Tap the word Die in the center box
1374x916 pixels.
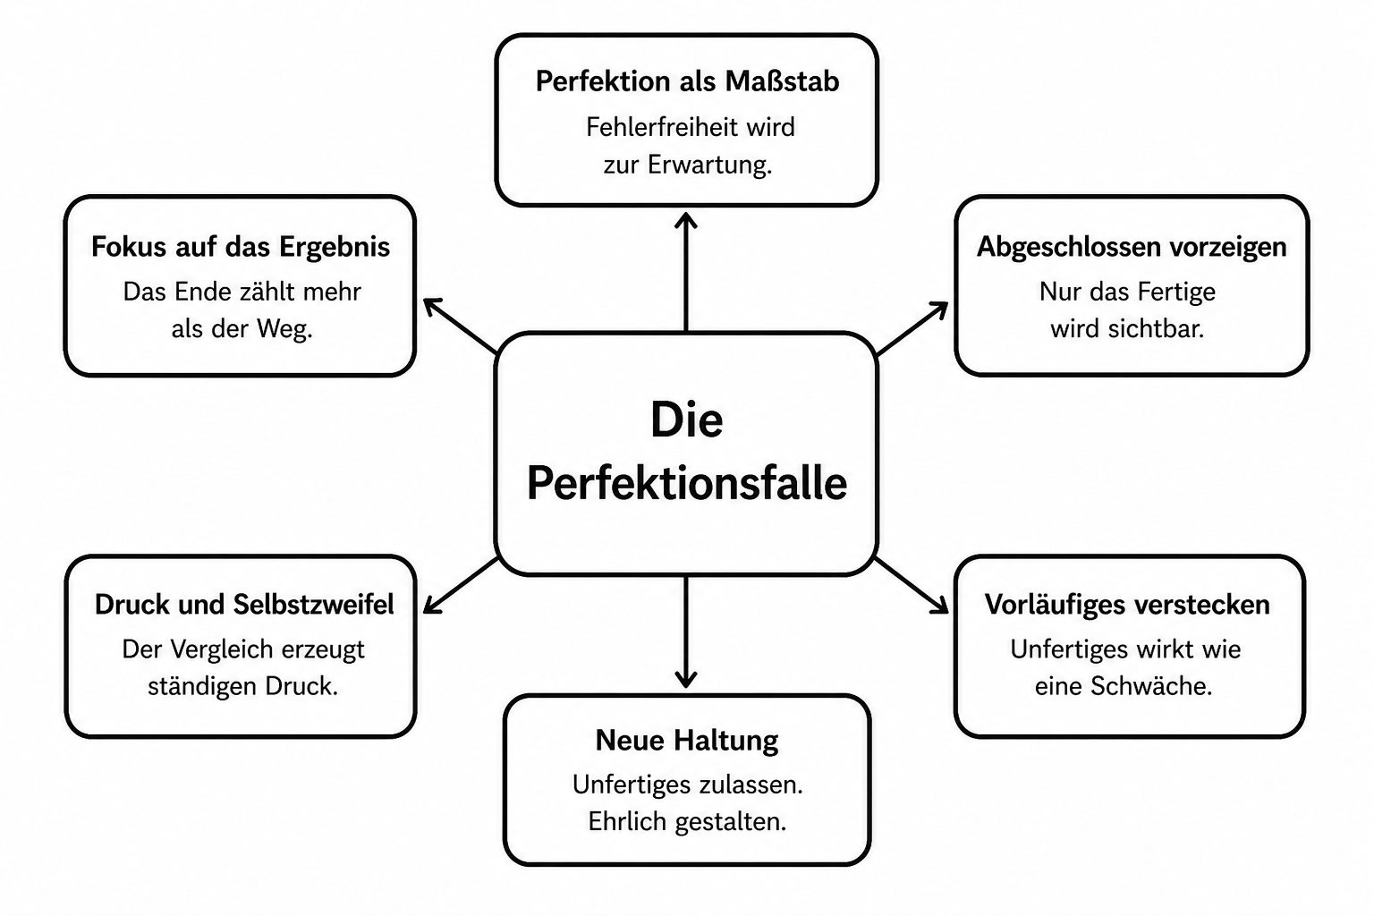pos(687,420)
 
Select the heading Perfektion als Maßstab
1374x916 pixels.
pos(687,81)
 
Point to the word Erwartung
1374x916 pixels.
pos(709,165)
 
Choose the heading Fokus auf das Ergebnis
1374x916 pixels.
pos(241,248)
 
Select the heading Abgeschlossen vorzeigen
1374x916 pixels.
pos(1131,247)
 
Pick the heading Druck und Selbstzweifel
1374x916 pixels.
pos(244,605)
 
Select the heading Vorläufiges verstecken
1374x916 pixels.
pos(1127,605)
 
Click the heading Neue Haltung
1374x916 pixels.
pos(687,741)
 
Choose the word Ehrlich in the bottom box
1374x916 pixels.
pos(627,822)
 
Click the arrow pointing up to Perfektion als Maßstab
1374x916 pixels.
pos(686,273)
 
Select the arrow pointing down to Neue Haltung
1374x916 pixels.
pos(686,632)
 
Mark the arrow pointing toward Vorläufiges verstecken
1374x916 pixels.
pos(912,585)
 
